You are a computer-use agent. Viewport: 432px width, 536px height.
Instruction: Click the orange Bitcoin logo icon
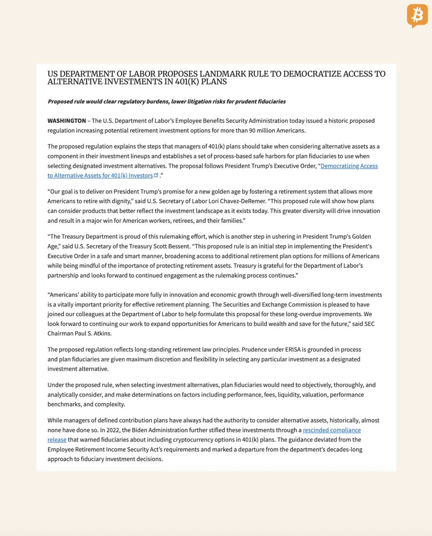[417, 16]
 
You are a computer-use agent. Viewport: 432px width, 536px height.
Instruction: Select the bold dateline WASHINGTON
[67, 121]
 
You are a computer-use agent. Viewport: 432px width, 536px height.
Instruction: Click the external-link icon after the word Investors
[156, 176]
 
